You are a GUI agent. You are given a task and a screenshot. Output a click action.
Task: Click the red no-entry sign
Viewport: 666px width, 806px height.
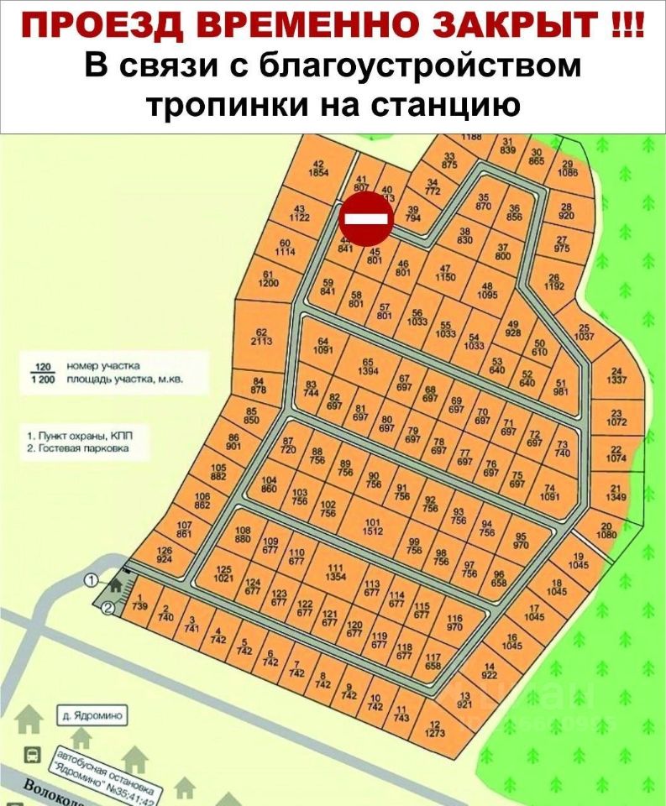366,218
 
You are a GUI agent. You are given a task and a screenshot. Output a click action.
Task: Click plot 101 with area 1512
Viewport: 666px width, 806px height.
373,526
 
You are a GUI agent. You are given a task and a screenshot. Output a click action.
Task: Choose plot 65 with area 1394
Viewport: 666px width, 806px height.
366,367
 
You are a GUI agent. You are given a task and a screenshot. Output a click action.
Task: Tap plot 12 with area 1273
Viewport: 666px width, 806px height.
434,730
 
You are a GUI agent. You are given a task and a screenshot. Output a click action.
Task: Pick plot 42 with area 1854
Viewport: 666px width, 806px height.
318,168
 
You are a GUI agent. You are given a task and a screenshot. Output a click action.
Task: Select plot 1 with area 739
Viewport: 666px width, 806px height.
139,602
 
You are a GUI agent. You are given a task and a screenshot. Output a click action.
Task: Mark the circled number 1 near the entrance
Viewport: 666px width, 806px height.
92,579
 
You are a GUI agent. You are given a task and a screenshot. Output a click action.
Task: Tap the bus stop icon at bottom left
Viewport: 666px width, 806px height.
32,753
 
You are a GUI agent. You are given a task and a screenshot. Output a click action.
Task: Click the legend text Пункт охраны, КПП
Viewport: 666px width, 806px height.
80,436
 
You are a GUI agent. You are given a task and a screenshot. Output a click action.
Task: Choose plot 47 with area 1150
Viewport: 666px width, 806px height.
446,271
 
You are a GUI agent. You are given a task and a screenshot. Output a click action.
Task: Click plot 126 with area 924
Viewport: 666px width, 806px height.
164,554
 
